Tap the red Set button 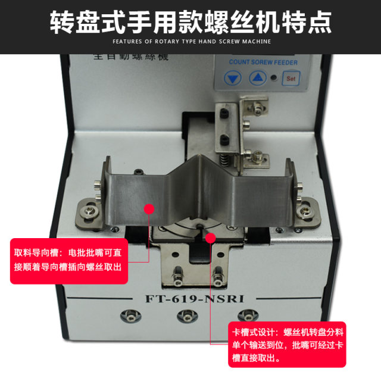pyautogui.click(x=291, y=78)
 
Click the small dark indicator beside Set pyautogui.click(x=273, y=78)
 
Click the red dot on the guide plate pyautogui.click(x=149, y=209)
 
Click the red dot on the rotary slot pyautogui.click(x=210, y=238)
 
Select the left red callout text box pyautogui.click(x=69, y=260)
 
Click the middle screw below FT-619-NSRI pyautogui.click(x=190, y=316)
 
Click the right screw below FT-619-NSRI pyautogui.click(x=253, y=316)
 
